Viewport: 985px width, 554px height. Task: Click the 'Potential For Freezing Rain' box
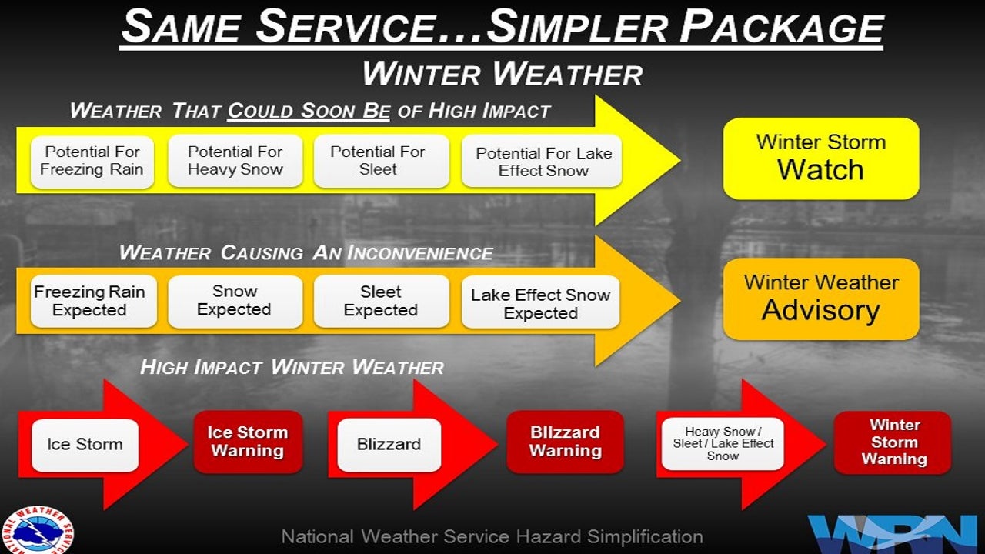[92, 162]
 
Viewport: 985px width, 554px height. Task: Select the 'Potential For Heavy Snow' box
[235, 162]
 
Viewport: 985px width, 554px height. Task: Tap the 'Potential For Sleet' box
[380, 162]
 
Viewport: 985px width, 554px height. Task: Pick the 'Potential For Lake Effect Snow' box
[542, 162]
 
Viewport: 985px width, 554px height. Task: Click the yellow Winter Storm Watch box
[820, 159]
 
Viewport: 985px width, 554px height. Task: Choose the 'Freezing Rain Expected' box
[89, 301]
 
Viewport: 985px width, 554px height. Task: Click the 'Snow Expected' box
[235, 301]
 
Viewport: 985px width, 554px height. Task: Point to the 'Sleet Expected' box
[380, 301]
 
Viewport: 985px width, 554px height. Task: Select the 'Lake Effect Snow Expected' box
[540, 302]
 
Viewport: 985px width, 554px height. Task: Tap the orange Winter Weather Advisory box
[820, 299]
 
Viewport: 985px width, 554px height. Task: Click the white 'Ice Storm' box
[85, 445]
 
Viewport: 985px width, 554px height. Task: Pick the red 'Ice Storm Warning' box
[247, 442]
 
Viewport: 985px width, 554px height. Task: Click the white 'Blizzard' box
[389, 445]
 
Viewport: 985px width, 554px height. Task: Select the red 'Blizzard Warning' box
[565, 442]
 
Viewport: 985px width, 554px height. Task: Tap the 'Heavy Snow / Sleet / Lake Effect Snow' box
[722, 444]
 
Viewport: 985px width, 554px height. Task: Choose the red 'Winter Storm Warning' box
[893, 442]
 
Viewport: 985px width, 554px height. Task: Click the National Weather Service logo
[37, 532]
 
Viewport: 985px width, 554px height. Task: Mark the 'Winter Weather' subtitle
[502, 74]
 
